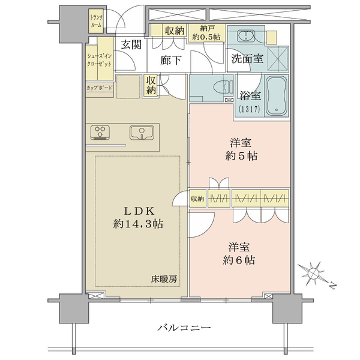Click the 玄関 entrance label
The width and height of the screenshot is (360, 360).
pos(131,44)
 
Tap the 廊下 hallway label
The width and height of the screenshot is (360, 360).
pos(170,61)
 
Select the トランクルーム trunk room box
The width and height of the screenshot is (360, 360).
pos(96,21)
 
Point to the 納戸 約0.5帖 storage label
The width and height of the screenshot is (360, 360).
pos(206,33)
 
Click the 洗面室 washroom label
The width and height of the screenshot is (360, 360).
pos(247,59)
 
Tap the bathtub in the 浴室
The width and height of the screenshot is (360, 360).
pos(277,96)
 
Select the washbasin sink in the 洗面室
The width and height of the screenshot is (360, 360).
pos(245,35)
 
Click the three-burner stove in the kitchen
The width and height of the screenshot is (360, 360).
pos(100,133)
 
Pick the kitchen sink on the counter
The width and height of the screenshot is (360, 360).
pos(142,133)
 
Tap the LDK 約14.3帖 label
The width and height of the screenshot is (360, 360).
pos(138,217)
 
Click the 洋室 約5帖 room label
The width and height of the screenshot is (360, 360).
pos(241,149)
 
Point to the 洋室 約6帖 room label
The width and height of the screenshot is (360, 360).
pos(239,254)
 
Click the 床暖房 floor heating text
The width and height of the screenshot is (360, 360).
pos(164,279)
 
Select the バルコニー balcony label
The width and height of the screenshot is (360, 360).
pos(184,328)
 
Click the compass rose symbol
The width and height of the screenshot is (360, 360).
pos(313,273)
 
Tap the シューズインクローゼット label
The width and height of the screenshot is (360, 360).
pos(100,60)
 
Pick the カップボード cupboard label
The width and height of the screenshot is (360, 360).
pos(100,88)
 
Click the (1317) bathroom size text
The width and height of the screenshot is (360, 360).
pos(249,109)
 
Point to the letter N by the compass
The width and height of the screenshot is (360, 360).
pos(332,286)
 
